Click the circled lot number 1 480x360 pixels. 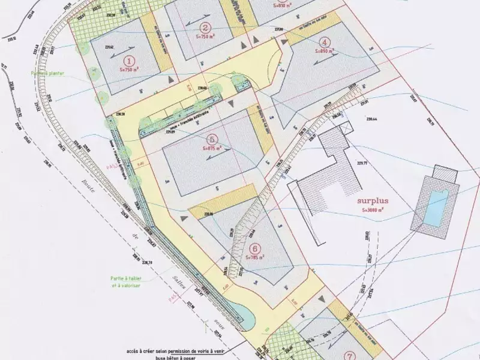(x=128, y=61)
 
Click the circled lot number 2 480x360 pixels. (x=205, y=27)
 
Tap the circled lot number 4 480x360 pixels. (x=325, y=42)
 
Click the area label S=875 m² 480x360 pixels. (x=212, y=147)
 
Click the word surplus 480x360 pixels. (x=373, y=202)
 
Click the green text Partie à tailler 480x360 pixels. (x=125, y=278)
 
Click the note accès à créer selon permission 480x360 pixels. (x=183, y=349)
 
